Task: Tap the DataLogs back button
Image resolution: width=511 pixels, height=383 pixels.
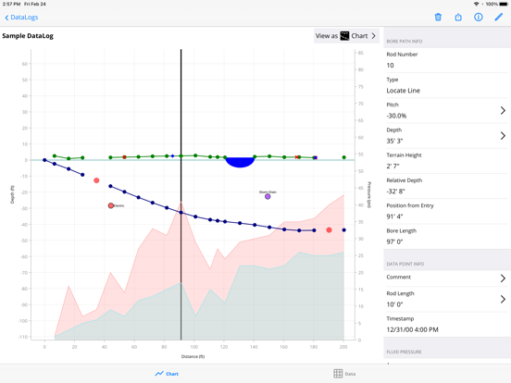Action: (21, 17)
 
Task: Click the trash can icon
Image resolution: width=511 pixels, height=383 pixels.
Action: (438, 17)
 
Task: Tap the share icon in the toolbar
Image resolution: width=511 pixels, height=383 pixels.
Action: (458, 17)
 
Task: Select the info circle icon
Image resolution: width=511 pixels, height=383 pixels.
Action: (479, 17)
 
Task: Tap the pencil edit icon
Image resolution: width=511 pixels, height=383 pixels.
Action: (499, 17)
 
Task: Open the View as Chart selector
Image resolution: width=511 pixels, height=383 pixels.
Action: (346, 36)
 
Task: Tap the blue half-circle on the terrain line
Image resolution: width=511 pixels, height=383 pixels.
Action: (240, 162)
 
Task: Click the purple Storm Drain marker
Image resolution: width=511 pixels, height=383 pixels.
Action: (268, 196)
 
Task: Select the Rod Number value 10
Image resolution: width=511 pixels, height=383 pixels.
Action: (391, 66)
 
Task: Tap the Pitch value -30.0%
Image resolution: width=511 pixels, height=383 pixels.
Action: (397, 116)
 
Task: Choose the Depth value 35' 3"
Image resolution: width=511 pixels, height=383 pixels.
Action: (394, 142)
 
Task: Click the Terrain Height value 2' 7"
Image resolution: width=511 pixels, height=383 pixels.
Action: (393, 167)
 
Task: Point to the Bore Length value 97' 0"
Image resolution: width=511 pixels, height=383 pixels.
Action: (395, 241)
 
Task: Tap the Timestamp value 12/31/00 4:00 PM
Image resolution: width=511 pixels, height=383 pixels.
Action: (413, 329)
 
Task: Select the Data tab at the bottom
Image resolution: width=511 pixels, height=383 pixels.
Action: (344, 374)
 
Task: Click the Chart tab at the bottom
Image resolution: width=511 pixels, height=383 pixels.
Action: (167, 374)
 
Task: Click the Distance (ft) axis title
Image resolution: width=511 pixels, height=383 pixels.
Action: (193, 356)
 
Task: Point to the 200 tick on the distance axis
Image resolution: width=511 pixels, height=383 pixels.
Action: (343, 347)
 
